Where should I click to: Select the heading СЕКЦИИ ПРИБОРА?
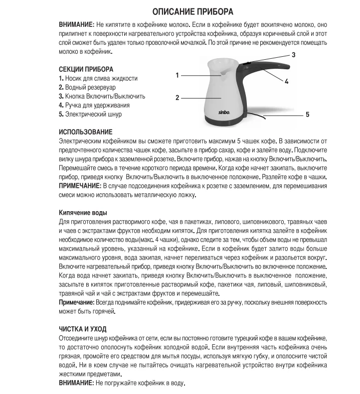[x=86, y=69]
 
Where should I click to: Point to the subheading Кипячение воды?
[x=83, y=212]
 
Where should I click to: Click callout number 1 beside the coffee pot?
[x=177, y=75]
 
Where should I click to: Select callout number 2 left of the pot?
[x=177, y=98]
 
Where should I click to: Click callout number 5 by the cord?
[x=307, y=115]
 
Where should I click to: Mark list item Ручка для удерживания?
[x=94, y=105]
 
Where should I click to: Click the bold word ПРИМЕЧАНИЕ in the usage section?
[x=80, y=185]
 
